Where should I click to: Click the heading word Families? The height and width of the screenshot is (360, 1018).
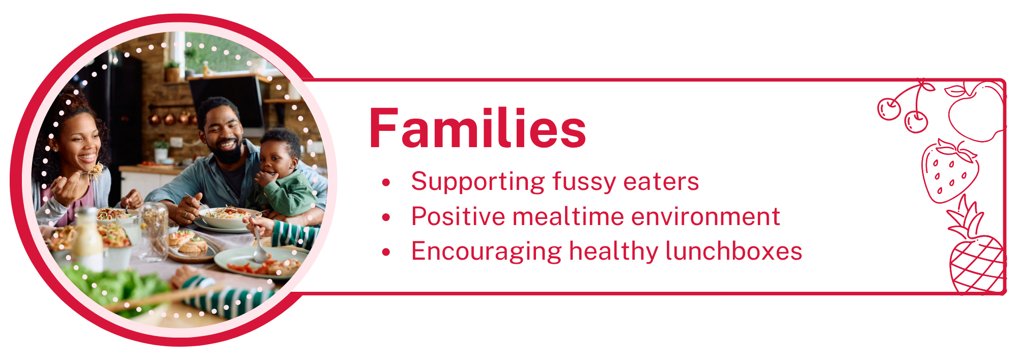[x=477, y=128]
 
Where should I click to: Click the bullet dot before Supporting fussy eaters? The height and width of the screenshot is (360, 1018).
[x=386, y=182]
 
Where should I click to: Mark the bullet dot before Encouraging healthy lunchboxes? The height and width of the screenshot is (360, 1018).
[x=386, y=252]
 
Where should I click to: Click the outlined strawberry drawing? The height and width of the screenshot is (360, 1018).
[x=950, y=172]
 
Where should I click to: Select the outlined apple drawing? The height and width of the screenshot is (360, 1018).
[x=975, y=112]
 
